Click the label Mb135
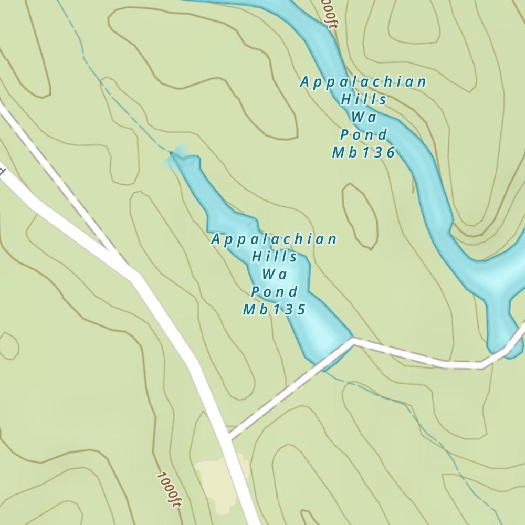pos(274,309)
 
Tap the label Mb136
pos(363,152)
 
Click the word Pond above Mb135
pos(274,291)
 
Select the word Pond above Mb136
pos(363,135)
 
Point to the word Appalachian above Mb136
pos(363,82)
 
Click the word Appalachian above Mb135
pos(274,239)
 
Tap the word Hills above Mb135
pos(275,257)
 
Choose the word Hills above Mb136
pos(364,99)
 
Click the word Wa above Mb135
pos(274,274)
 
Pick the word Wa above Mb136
pos(363,117)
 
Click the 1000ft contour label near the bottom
pos(169,489)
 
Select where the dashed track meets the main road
pos(228,437)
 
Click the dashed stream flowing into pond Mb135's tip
pos(126,105)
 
